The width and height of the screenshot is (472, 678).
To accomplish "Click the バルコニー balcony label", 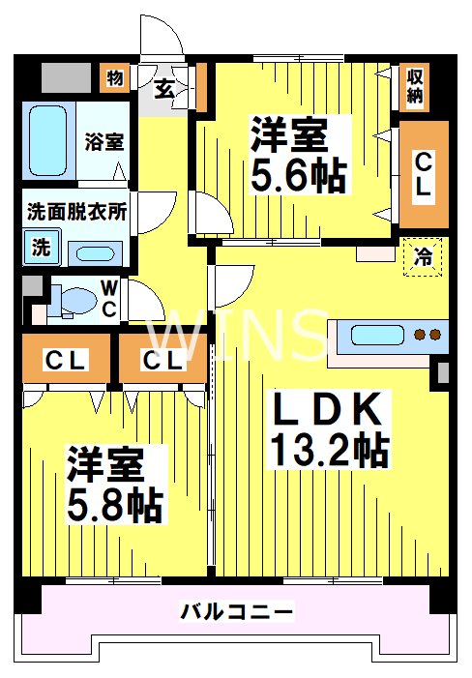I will pos(237,611).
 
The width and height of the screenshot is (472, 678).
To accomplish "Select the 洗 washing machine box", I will pos(41,247).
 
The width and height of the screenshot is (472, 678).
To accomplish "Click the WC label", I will pos(109,299).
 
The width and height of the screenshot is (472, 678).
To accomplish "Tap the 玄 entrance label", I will pos(165,89).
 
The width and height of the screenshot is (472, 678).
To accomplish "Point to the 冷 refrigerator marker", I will pos(423,257).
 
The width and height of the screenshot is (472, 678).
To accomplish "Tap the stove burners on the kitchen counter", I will pos(427,336).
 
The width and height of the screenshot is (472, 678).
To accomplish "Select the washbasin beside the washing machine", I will pos(93,254).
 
